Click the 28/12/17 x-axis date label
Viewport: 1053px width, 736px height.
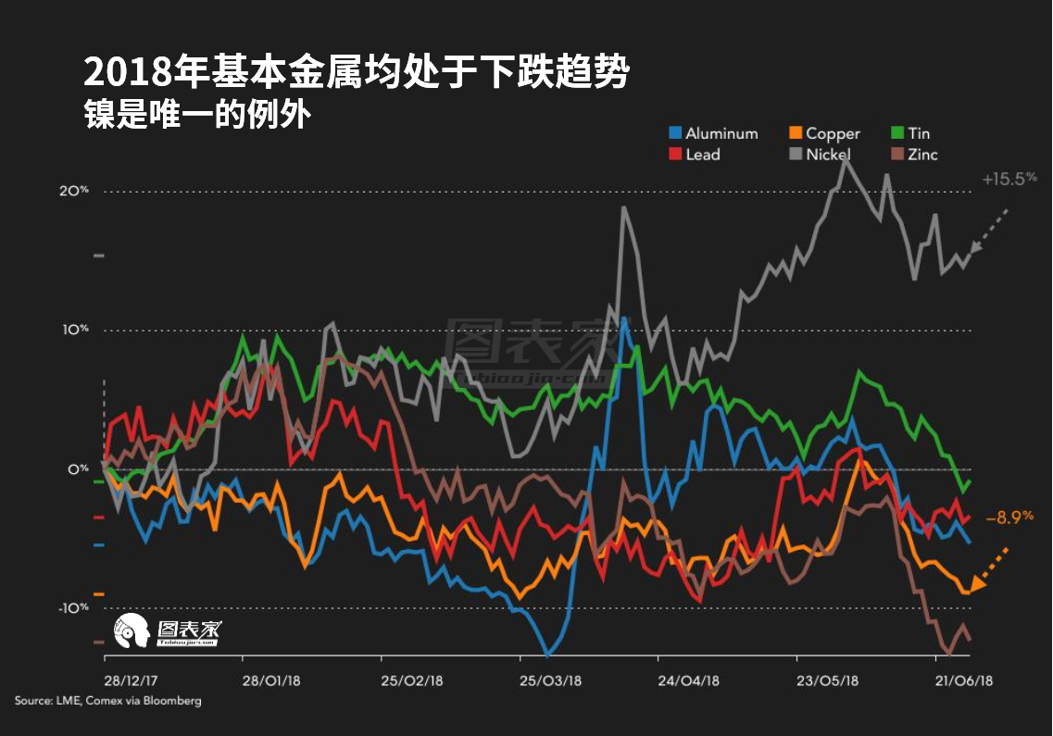tap(130, 680)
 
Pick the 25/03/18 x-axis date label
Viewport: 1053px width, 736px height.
tap(550, 680)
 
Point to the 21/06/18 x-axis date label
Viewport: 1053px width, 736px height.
tap(963, 680)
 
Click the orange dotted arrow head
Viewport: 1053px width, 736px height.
tap(978, 580)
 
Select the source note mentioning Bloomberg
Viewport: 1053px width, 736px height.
tap(107, 701)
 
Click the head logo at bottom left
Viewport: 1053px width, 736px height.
tap(131, 632)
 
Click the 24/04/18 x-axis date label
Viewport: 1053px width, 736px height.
tap(687, 680)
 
